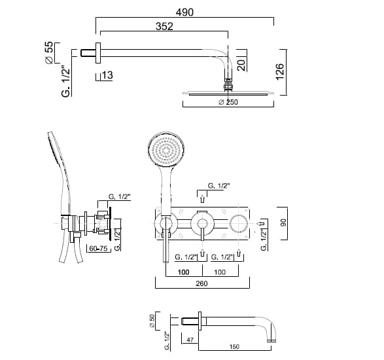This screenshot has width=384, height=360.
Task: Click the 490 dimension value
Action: (x=184, y=12)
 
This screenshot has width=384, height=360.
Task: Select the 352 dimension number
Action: (x=164, y=26)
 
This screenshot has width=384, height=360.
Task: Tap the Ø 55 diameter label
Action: (x=49, y=52)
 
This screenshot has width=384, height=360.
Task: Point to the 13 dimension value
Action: (x=107, y=75)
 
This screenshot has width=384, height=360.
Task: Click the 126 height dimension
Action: (x=280, y=71)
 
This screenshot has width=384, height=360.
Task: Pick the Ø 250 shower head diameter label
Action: (x=228, y=102)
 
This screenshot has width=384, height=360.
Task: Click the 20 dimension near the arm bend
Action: (x=241, y=65)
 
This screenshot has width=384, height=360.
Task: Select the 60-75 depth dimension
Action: (x=98, y=249)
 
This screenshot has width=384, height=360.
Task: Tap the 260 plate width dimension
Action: (x=201, y=283)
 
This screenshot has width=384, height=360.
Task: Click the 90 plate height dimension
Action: (x=283, y=223)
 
